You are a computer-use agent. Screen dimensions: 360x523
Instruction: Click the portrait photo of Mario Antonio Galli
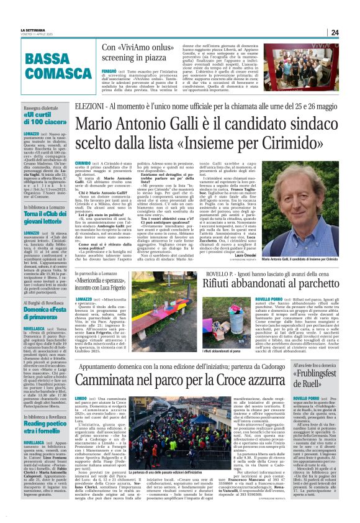click(300, 206)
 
